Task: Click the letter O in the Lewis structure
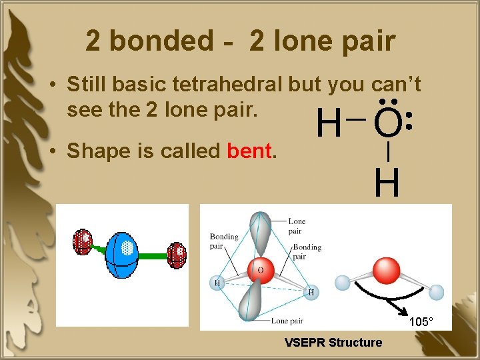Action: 388,123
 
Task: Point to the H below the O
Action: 387,183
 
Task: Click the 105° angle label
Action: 421,322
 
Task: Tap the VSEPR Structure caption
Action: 333,343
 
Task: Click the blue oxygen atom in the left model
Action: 122,252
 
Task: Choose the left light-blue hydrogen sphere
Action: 342,283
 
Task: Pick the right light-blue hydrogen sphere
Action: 436,291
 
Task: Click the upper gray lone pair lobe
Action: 259,233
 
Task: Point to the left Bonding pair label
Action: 223,241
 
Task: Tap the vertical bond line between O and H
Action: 388,153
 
